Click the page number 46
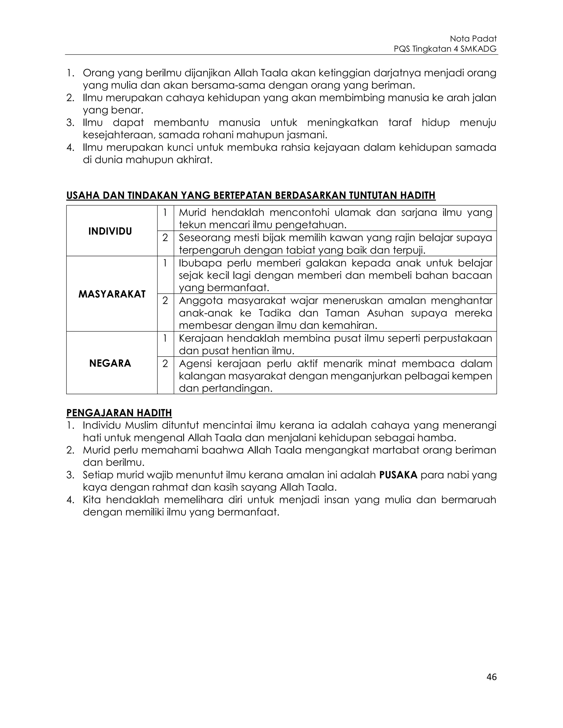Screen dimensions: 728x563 click(491, 677)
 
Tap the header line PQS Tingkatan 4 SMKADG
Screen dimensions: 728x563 click(445, 49)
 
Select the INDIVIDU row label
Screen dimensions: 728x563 click(110, 231)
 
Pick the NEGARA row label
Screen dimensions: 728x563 click(110, 363)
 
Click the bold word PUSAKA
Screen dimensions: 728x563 click(398, 475)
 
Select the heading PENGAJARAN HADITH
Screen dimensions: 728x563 click(119, 413)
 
